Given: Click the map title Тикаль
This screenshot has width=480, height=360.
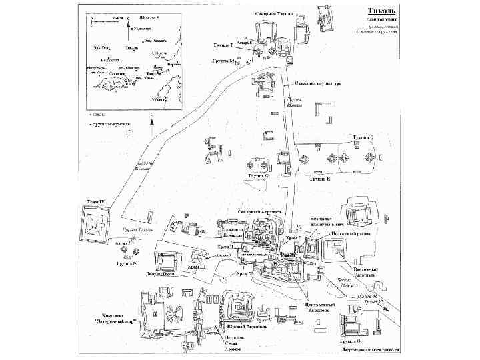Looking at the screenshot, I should (x=384, y=11).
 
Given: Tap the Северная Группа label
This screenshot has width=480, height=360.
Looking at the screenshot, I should (x=275, y=13).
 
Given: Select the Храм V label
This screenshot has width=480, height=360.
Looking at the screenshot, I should (x=264, y=321).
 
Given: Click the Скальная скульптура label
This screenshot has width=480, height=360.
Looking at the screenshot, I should (x=318, y=84).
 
